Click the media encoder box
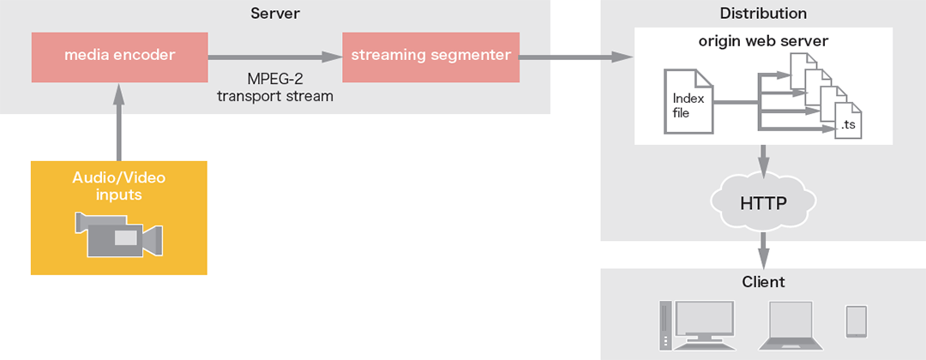click(x=119, y=57)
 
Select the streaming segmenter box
click(x=430, y=57)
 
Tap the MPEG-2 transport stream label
click(x=274, y=87)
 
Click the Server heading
click(x=274, y=13)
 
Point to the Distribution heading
click(x=763, y=13)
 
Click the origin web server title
click(x=763, y=40)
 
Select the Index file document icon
click(x=688, y=102)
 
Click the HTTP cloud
click(x=763, y=203)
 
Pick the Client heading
click(x=763, y=282)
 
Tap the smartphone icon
click(x=857, y=321)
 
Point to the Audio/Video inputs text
click(x=119, y=186)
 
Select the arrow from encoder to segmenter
click(x=274, y=57)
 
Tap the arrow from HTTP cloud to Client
click(x=763, y=251)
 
